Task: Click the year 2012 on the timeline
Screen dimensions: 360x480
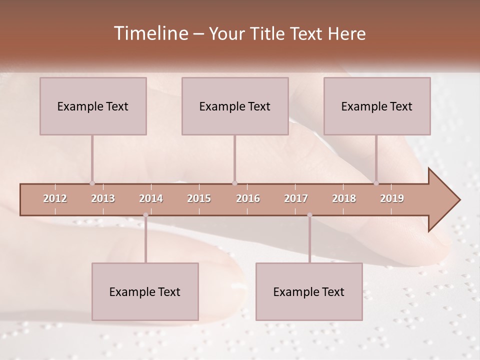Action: pyautogui.click(x=55, y=198)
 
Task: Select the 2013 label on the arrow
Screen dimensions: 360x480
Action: pyautogui.click(x=103, y=198)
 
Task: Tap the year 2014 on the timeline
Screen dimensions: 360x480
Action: pyautogui.click(x=151, y=198)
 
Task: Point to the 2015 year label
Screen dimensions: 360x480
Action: pyautogui.click(x=199, y=198)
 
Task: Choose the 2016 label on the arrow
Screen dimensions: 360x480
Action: pyautogui.click(x=248, y=198)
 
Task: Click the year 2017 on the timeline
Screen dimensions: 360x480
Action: pyautogui.click(x=296, y=198)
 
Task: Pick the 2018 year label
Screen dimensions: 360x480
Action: pyautogui.click(x=344, y=198)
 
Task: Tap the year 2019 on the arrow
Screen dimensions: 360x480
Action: pyautogui.click(x=392, y=198)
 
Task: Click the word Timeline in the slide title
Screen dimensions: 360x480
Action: pyautogui.click(x=150, y=33)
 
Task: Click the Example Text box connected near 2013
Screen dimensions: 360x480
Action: pyautogui.click(x=93, y=106)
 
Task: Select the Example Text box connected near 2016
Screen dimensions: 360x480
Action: pyautogui.click(x=235, y=106)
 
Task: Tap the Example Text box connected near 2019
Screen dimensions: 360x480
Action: pyautogui.click(x=377, y=106)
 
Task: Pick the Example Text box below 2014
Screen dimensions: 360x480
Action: pyautogui.click(x=145, y=291)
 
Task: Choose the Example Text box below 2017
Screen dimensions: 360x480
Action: pyautogui.click(x=309, y=291)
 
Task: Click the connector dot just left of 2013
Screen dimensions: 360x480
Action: pyautogui.click(x=92, y=183)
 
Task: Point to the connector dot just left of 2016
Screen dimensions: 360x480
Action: pyautogui.click(x=234, y=183)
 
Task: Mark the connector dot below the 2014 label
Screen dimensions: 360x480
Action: pyautogui.click(x=145, y=215)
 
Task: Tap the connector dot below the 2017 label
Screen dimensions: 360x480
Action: pyautogui.click(x=309, y=215)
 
